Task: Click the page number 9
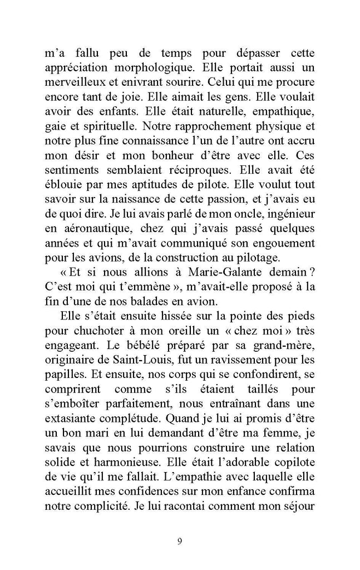[x=179, y=542]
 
